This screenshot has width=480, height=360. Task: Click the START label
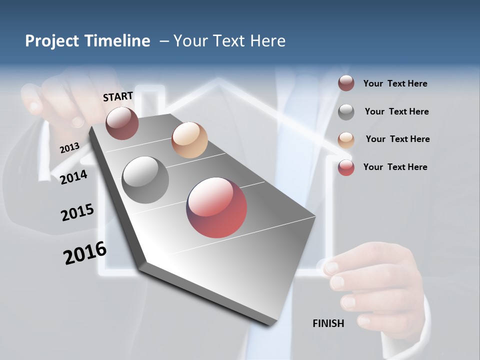coord(118,96)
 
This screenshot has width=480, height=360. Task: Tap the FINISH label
coord(328,323)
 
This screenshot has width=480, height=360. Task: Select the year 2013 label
coord(69,147)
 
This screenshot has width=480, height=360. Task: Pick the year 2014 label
coord(73,177)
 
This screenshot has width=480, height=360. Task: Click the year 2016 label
coord(85,253)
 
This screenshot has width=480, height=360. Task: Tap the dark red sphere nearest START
coord(122,123)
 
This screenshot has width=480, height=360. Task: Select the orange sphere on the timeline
coord(189,140)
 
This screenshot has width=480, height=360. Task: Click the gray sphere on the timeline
coord(145,180)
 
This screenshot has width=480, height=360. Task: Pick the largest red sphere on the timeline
coord(216,207)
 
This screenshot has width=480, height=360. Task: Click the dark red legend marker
coord(346,83)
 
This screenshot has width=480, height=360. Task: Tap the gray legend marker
coord(346,112)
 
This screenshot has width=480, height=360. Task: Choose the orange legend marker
coord(346,139)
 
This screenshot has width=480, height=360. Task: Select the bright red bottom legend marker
coord(346,167)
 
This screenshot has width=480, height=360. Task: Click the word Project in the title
coord(52,41)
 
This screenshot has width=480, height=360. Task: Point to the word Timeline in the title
coord(117,41)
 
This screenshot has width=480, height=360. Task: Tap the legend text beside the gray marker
coord(396,111)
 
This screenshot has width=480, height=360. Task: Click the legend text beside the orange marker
coord(397,139)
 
